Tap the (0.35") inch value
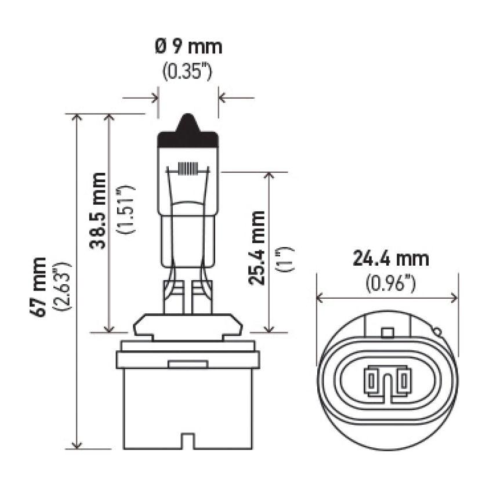tap(188, 72)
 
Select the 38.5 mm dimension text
tap(98, 210)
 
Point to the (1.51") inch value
tap(126, 210)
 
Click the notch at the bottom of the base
tap(188, 440)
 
